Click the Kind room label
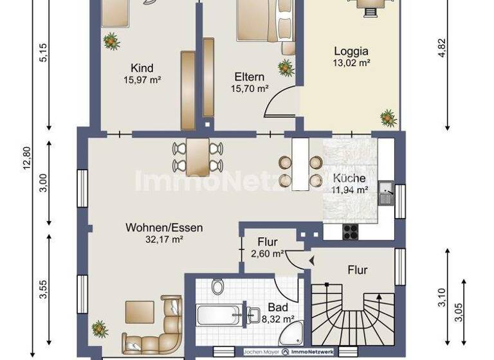[x=142, y=68]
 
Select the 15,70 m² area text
[x=250, y=89]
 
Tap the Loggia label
[x=351, y=51]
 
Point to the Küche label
[x=349, y=178]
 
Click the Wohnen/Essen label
[x=164, y=228]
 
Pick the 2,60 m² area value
[x=268, y=253]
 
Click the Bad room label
[x=278, y=307]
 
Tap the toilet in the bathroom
[x=218, y=286]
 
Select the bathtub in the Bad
[x=219, y=316]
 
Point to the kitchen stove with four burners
[x=351, y=231]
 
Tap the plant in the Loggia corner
[x=388, y=118]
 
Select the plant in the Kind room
[x=112, y=42]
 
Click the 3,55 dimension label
[x=43, y=289]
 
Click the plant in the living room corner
[x=100, y=328]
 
